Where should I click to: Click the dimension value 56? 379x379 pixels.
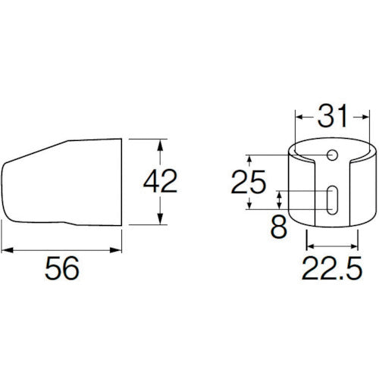63,269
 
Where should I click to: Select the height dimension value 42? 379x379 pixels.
160,181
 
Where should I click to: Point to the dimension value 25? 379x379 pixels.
249,183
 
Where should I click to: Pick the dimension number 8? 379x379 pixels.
279,227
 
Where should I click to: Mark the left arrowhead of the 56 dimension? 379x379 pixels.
5,248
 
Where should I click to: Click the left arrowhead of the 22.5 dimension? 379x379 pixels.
309,246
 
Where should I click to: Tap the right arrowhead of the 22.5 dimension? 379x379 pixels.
354,246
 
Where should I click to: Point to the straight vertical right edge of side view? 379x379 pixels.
122,182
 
